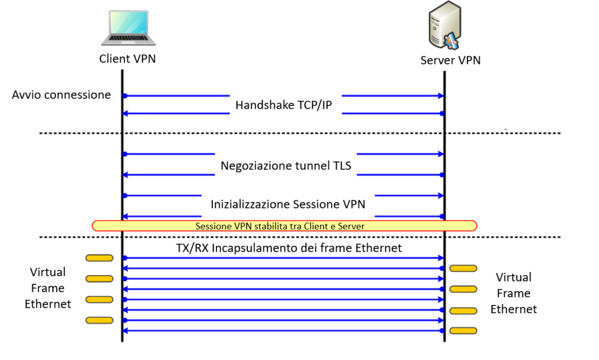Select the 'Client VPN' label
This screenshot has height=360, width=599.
click(128, 59)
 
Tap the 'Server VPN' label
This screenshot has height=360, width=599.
click(450, 60)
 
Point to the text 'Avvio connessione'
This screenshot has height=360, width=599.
click(61, 95)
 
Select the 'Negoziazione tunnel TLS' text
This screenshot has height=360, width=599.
click(286, 166)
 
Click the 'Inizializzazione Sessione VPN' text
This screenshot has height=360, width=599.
click(288, 205)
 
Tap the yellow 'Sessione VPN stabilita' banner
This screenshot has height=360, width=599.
click(284, 226)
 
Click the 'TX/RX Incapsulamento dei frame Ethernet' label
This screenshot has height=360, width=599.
click(289, 248)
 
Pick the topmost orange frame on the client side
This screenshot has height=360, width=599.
click(99, 258)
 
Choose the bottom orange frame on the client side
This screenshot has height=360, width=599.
click(99, 320)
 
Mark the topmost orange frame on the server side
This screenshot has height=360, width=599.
click(463, 268)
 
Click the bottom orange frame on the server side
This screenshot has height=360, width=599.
click(463, 331)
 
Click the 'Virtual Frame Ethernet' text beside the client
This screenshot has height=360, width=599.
click(48, 288)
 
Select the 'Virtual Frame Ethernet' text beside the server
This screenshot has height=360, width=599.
click(514, 293)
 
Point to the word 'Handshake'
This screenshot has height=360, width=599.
click(261, 105)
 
